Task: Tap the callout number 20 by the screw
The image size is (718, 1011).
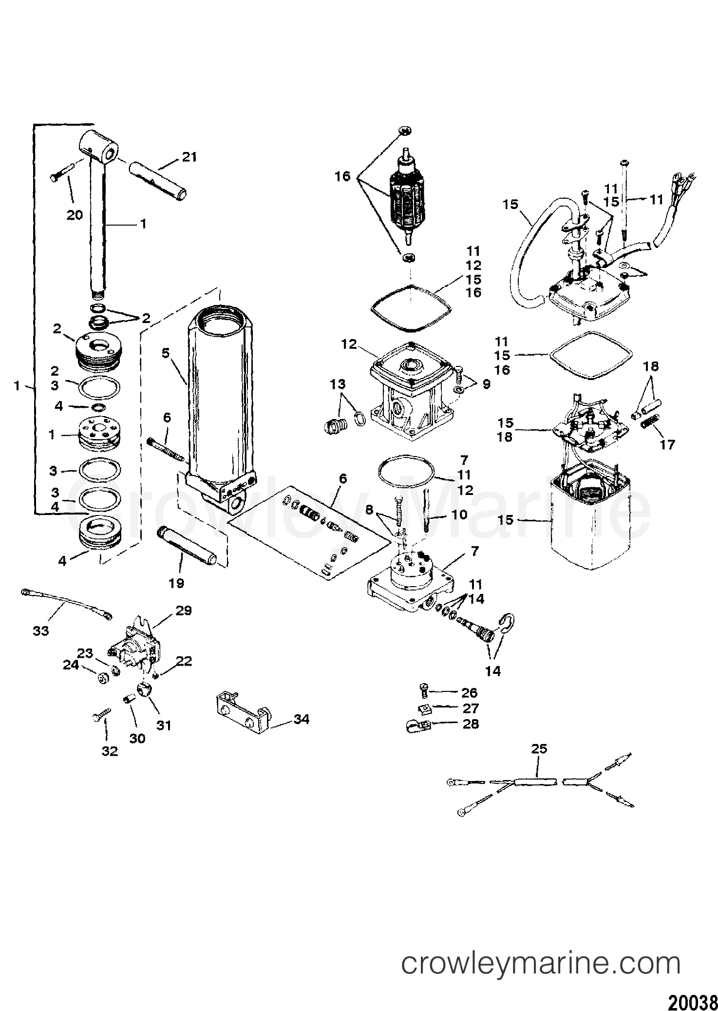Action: click(x=75, y=214)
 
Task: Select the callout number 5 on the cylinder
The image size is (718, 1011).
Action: click(x=165, y=353)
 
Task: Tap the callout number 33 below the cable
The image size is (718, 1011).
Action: click(x=41, y=631)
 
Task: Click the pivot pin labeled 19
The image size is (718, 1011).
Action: click(x=187, y=548)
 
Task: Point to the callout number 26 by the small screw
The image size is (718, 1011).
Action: click(x=469, y=693)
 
